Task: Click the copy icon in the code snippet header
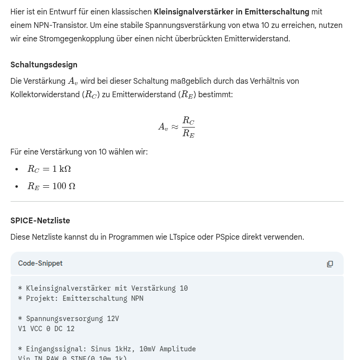[x=330, y=264]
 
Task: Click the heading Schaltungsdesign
[x=44, y=65]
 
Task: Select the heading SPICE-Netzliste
[x=40, y=221]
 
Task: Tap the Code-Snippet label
[x=40, y=264]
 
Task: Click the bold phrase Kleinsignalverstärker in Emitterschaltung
[x=231, y=12]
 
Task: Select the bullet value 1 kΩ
[x=62, y=169]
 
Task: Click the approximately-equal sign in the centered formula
[x=175, y=128]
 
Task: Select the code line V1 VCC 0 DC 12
[x=46, y=329]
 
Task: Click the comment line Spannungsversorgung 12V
[x=72, y=319]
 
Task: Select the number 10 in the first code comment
[x=183, y=288]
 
